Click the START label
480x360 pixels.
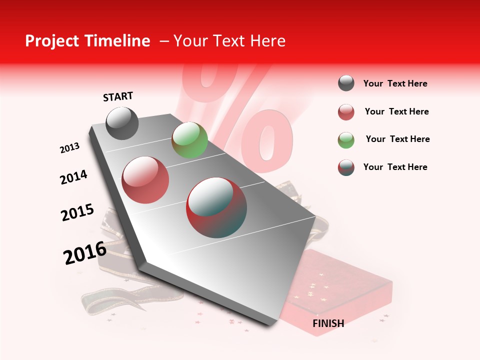(118, 96)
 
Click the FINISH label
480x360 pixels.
(328, 323)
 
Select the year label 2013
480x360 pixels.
(69, 147)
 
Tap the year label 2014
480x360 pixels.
(73, 177)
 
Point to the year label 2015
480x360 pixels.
(77, 212)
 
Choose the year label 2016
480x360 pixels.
(85, 253)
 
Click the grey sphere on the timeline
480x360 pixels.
(122, 123)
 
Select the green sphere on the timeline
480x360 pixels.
(189, 140)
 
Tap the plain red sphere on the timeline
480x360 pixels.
(145, 180)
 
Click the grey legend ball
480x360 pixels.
(346, 83)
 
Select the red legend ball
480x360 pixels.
(346, 112)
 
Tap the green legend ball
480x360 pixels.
(346, 140)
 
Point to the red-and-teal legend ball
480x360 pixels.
(346, 167)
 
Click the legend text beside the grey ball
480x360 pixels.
(395, 83)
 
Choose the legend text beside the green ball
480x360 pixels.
(397, 139)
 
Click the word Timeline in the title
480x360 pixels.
(118, 41)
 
